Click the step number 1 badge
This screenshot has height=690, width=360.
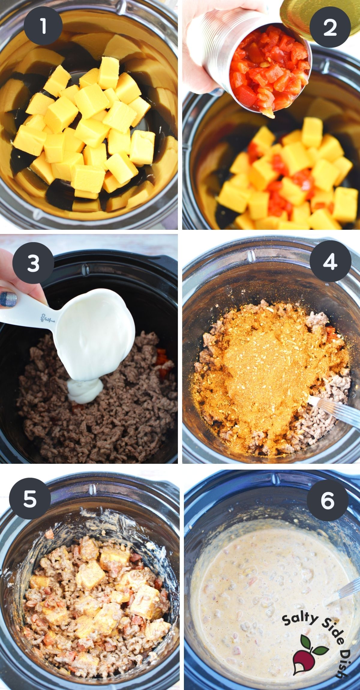pyautogui.click(x=43, y=27)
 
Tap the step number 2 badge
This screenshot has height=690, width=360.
pyautogui.click(x=330, y=28)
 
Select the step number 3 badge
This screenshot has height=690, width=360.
pyautogui.click(x=33, y=263)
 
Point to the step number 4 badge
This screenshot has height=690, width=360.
pyautogui.click(x=330, y=261)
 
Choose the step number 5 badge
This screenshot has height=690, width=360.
pyautogui.click(x=30, y=499)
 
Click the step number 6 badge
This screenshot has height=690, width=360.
pyautogui.click(x=327, y=500)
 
